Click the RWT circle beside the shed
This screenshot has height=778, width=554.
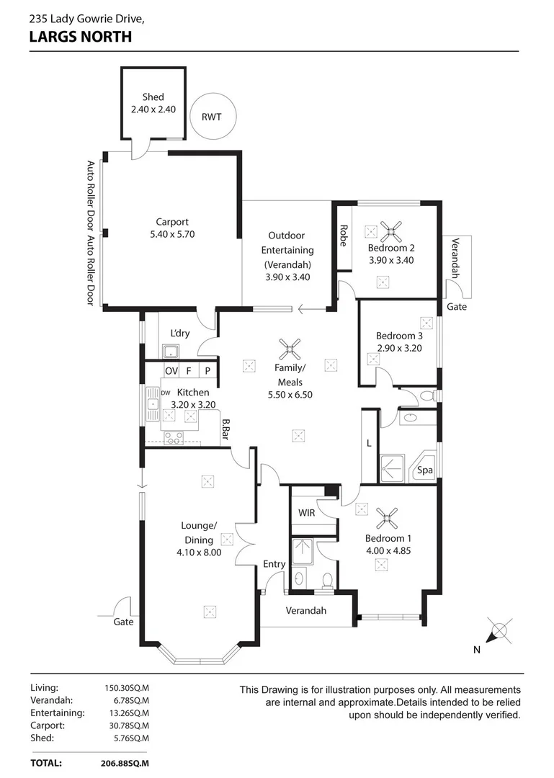(x=212, y=117)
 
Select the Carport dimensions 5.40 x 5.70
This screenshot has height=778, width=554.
(x=171, y=234)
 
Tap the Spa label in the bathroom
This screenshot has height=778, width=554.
(x=425, y=470)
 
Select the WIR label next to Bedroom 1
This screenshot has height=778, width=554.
(x=307, y=513)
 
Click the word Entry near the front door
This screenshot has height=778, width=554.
(x=274, y=564)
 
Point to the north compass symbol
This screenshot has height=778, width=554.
(x=497, y=632)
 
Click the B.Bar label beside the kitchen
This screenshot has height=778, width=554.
(x=225, y=430)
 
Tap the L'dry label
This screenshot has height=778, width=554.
(x=180, y=334)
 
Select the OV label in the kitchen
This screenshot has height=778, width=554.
(x=171, y=371)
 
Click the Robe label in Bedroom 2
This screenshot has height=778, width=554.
(x=344, y=236)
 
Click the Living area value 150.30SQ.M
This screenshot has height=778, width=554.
(x=128, y=687)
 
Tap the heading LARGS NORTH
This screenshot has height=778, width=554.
(x=81, y=36)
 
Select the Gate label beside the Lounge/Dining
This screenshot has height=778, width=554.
(x=124, y=622)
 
